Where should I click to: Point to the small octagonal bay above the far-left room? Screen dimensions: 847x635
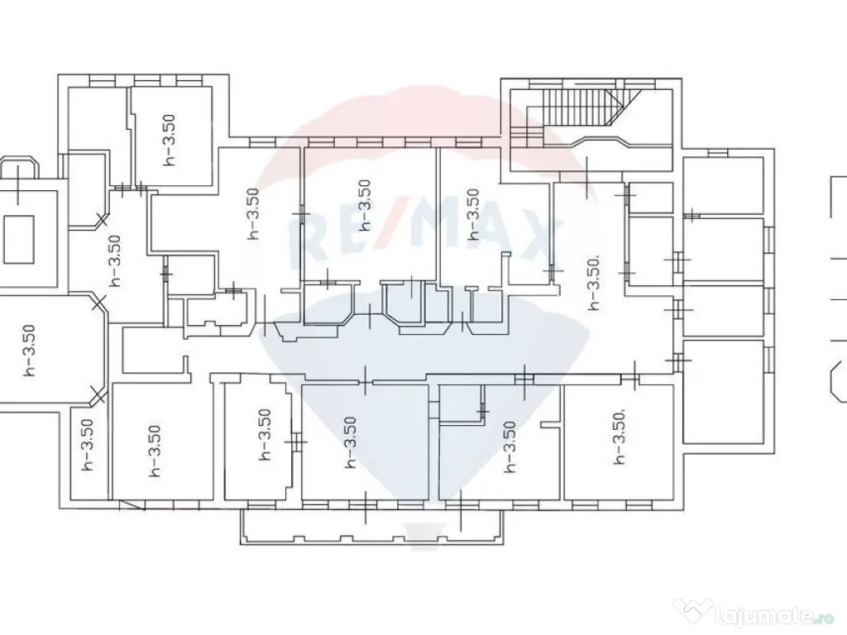[19, 169]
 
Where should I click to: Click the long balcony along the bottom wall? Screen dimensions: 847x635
[372, 526]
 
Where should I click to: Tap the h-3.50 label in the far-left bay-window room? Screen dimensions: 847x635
[29, 351]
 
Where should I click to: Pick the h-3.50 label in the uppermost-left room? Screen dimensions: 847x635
[170, 139]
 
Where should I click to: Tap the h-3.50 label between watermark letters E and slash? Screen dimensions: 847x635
[366, 206]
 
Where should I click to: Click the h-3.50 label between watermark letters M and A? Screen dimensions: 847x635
[474, 214]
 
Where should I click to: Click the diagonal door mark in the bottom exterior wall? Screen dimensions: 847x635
[132, 505]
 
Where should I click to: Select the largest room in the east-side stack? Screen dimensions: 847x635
[724, 391]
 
